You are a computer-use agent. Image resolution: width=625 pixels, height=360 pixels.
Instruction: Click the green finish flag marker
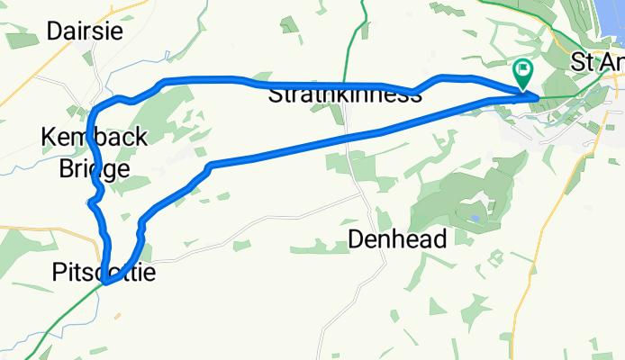coord(522,71)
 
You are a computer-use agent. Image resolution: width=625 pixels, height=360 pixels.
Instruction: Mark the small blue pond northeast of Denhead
coord(474,218)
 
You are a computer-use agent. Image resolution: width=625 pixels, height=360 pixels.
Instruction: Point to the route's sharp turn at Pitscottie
coord(106,283)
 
